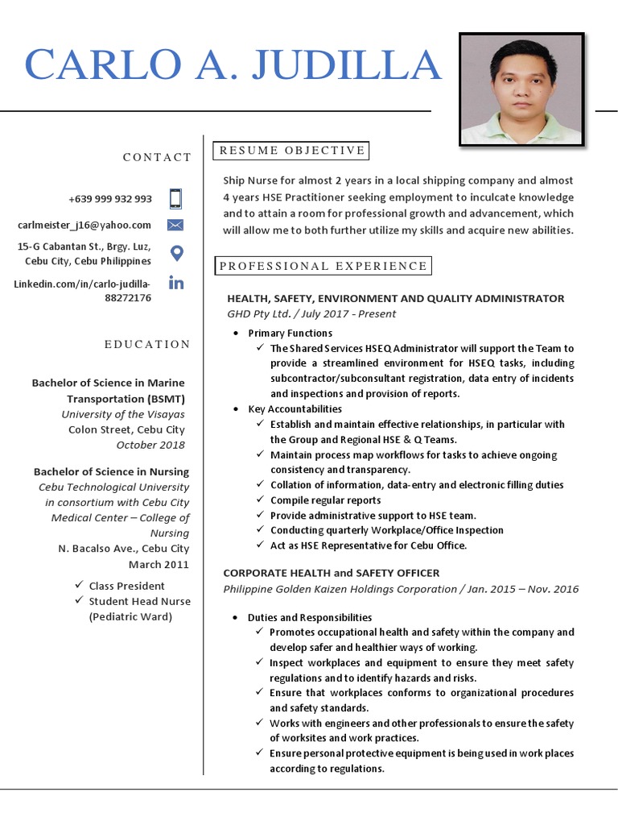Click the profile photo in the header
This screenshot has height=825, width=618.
[521, 89]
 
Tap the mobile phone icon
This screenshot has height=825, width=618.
[175, 198]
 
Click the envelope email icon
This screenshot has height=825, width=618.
[175, 225]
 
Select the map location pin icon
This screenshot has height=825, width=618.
[176, 253]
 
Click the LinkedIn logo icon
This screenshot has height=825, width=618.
[175, 283]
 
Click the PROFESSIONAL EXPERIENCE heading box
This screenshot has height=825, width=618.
[323, 266]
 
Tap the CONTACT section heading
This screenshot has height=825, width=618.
[157, 157]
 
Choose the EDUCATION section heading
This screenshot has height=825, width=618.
[147, 344]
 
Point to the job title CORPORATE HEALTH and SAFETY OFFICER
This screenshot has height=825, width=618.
[331, 573]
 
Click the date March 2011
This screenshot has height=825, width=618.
[159, 564]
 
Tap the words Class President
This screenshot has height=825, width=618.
[126, 586]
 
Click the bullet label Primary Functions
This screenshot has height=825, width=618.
[290, 333]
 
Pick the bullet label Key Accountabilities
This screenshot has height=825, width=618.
[295, 409]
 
